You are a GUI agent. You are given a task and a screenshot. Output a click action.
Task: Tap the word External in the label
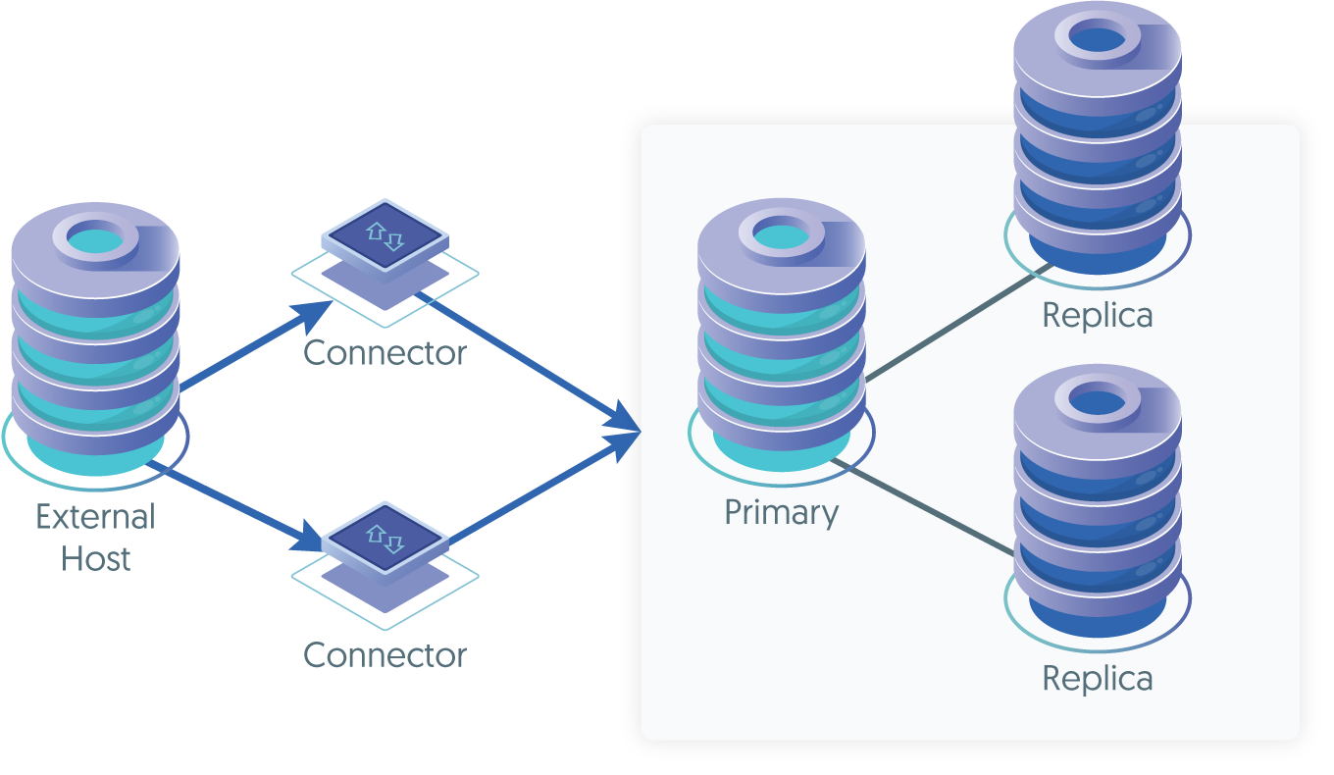point(95,517)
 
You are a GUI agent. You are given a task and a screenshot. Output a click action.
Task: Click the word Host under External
point(95,559)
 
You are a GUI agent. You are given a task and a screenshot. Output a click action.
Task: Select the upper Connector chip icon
point(385,235)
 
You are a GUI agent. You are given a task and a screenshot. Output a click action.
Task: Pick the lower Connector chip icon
point(385,538)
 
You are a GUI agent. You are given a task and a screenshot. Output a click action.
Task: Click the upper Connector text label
point(385,353)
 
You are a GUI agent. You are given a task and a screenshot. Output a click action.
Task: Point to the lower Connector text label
point(385,655)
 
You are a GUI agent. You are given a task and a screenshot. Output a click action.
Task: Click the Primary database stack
point(781,334)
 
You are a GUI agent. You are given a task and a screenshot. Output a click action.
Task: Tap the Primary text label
point(781,513)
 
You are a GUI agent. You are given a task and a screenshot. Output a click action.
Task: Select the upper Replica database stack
point(1097,137)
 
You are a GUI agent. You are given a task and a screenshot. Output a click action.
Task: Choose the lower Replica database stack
point(1097,500)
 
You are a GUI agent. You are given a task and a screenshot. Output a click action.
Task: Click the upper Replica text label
point(1097,316)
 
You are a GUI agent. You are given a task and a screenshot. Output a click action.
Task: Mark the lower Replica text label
point(1097,679)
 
